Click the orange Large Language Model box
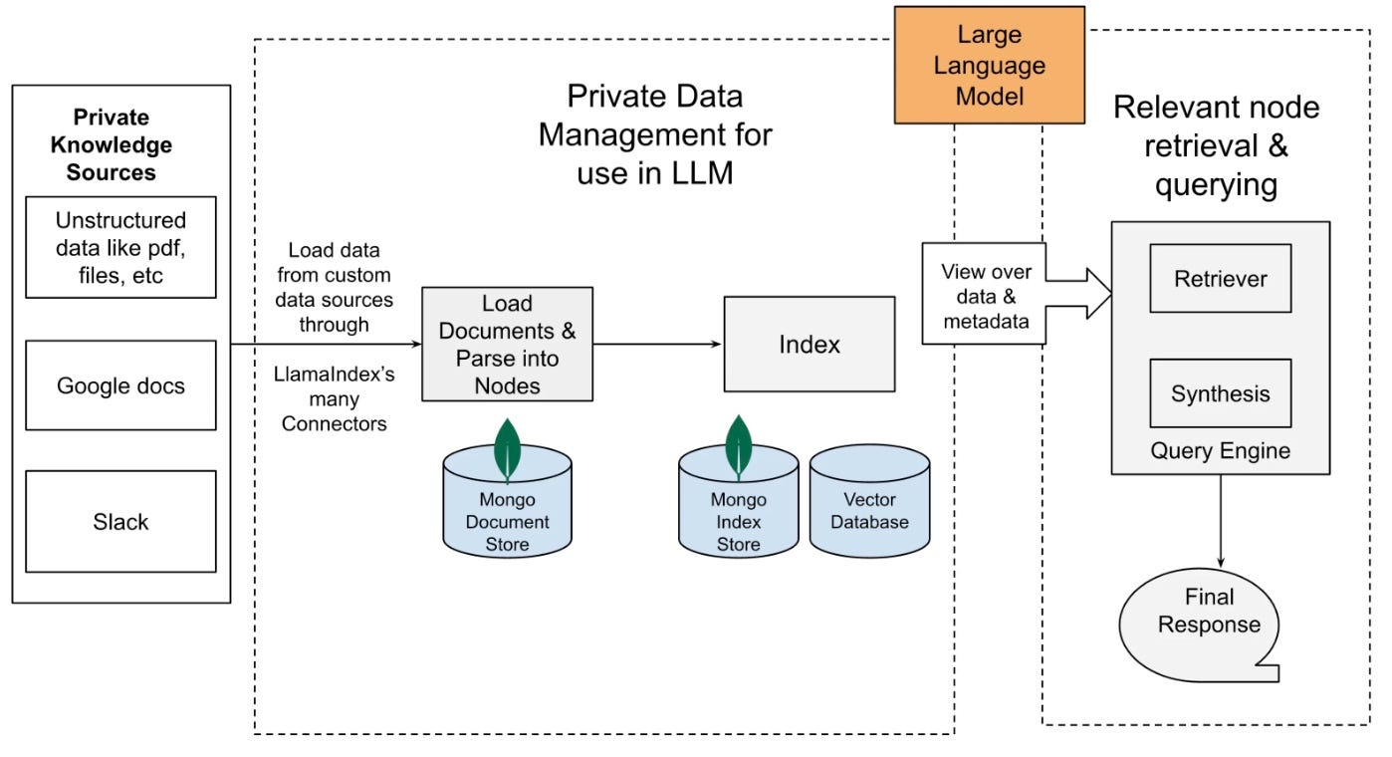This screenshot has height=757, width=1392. click(x=990, y=66)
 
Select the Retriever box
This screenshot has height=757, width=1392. click(x=1221, y=279)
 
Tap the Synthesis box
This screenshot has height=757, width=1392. click(x=1221, y=393)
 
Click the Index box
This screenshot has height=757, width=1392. click(x=810, y=345)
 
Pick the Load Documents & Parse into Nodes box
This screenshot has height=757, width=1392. click(x=507, y=345)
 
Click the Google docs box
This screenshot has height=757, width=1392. click(x=120, y=385)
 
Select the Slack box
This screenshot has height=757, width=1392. click(x=120, y=522)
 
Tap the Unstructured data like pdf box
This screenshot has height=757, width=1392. click(x=120, y=247)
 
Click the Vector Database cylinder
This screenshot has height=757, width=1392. click(x=869, y=501)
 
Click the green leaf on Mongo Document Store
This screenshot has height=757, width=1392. click(x=507, y=450)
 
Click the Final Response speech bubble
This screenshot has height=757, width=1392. click(x=1200, y=625)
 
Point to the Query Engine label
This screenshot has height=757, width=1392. click(x=1220, y=450)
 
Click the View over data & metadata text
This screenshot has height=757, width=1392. click(x=986, y=297)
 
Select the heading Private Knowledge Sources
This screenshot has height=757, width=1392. click(x=112, y=144)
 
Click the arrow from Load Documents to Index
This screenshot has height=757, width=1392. click(x=657, y=344)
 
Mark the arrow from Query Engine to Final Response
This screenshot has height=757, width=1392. click(x=1221, y=521)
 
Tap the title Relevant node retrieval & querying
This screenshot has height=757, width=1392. click(x=1216, y=146)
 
